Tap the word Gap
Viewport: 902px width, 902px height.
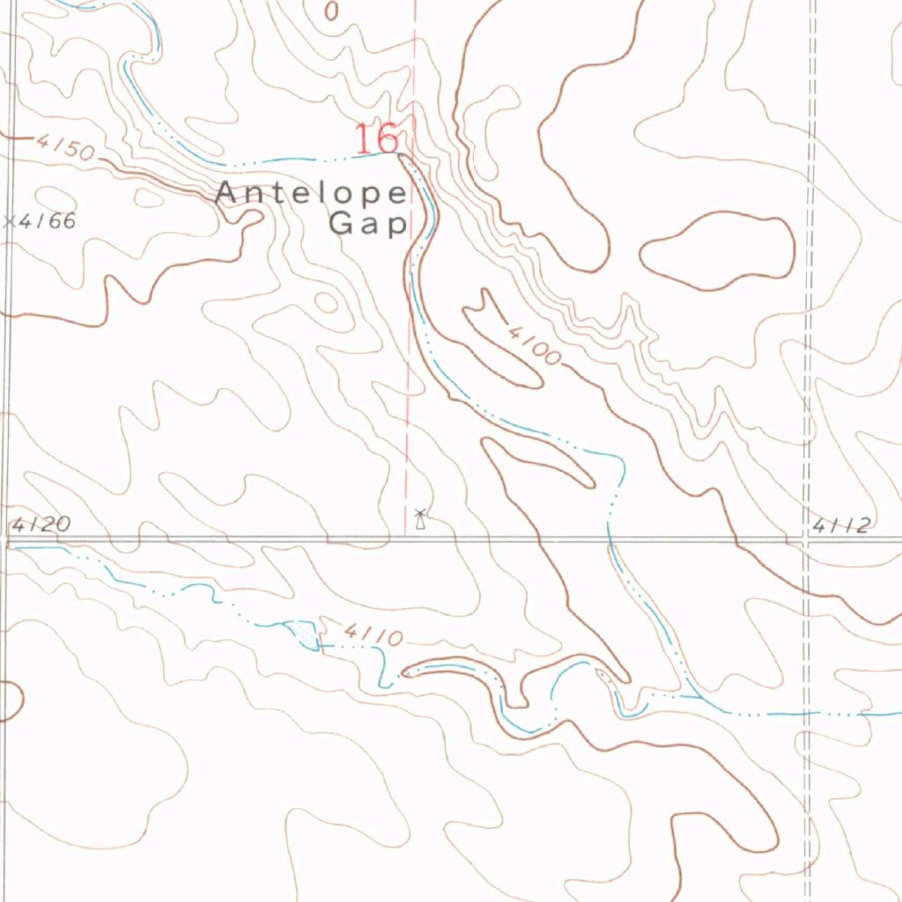click(367, 223)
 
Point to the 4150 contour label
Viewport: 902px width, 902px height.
click(65, 147)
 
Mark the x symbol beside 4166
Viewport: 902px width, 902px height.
click(10, 221)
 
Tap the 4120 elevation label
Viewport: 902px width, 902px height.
click(41, 525)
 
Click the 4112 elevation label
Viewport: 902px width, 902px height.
click(841, 526)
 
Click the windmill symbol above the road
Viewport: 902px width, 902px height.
click(420, 519)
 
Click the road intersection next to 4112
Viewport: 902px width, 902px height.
click(807, 539)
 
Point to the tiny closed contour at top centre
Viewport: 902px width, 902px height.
click(331, 11)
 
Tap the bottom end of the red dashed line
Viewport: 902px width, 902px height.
click(406, 532)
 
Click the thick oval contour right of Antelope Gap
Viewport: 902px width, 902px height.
click(716, 251)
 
